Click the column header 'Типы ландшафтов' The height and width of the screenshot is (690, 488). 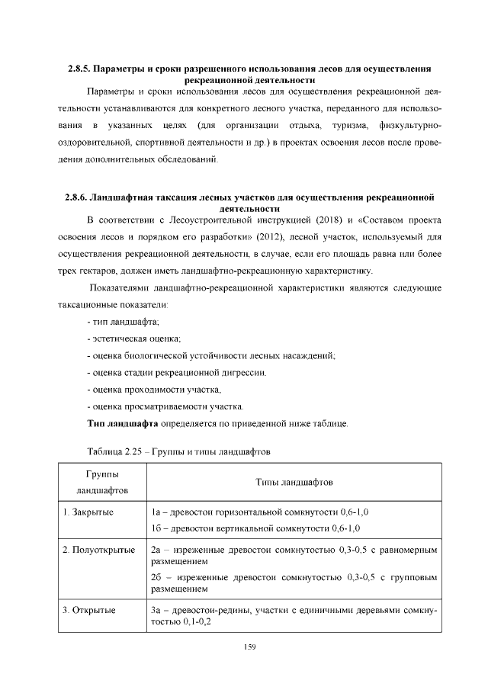[294, 482]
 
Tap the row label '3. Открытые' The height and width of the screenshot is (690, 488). [88, 610]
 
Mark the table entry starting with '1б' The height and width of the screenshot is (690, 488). [255, 528]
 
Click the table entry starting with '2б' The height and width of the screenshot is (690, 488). [294, 583]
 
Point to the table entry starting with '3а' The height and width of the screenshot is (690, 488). [294, 616]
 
